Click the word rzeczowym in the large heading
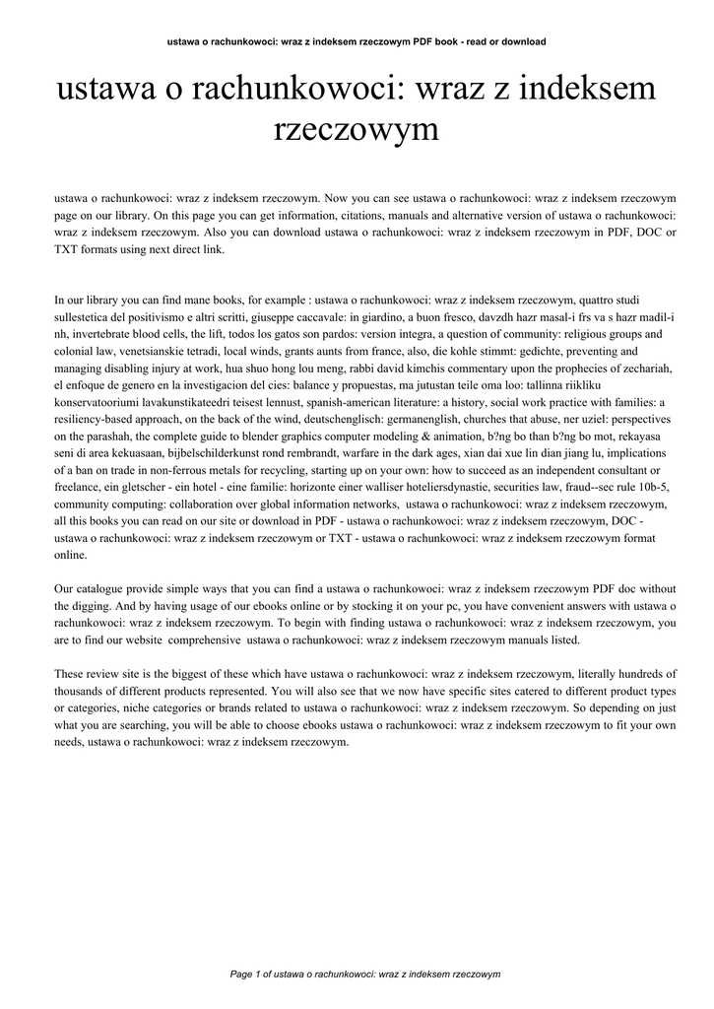(356, 130)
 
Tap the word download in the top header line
(523, 41)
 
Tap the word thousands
(79, 691)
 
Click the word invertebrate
(104, 335)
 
